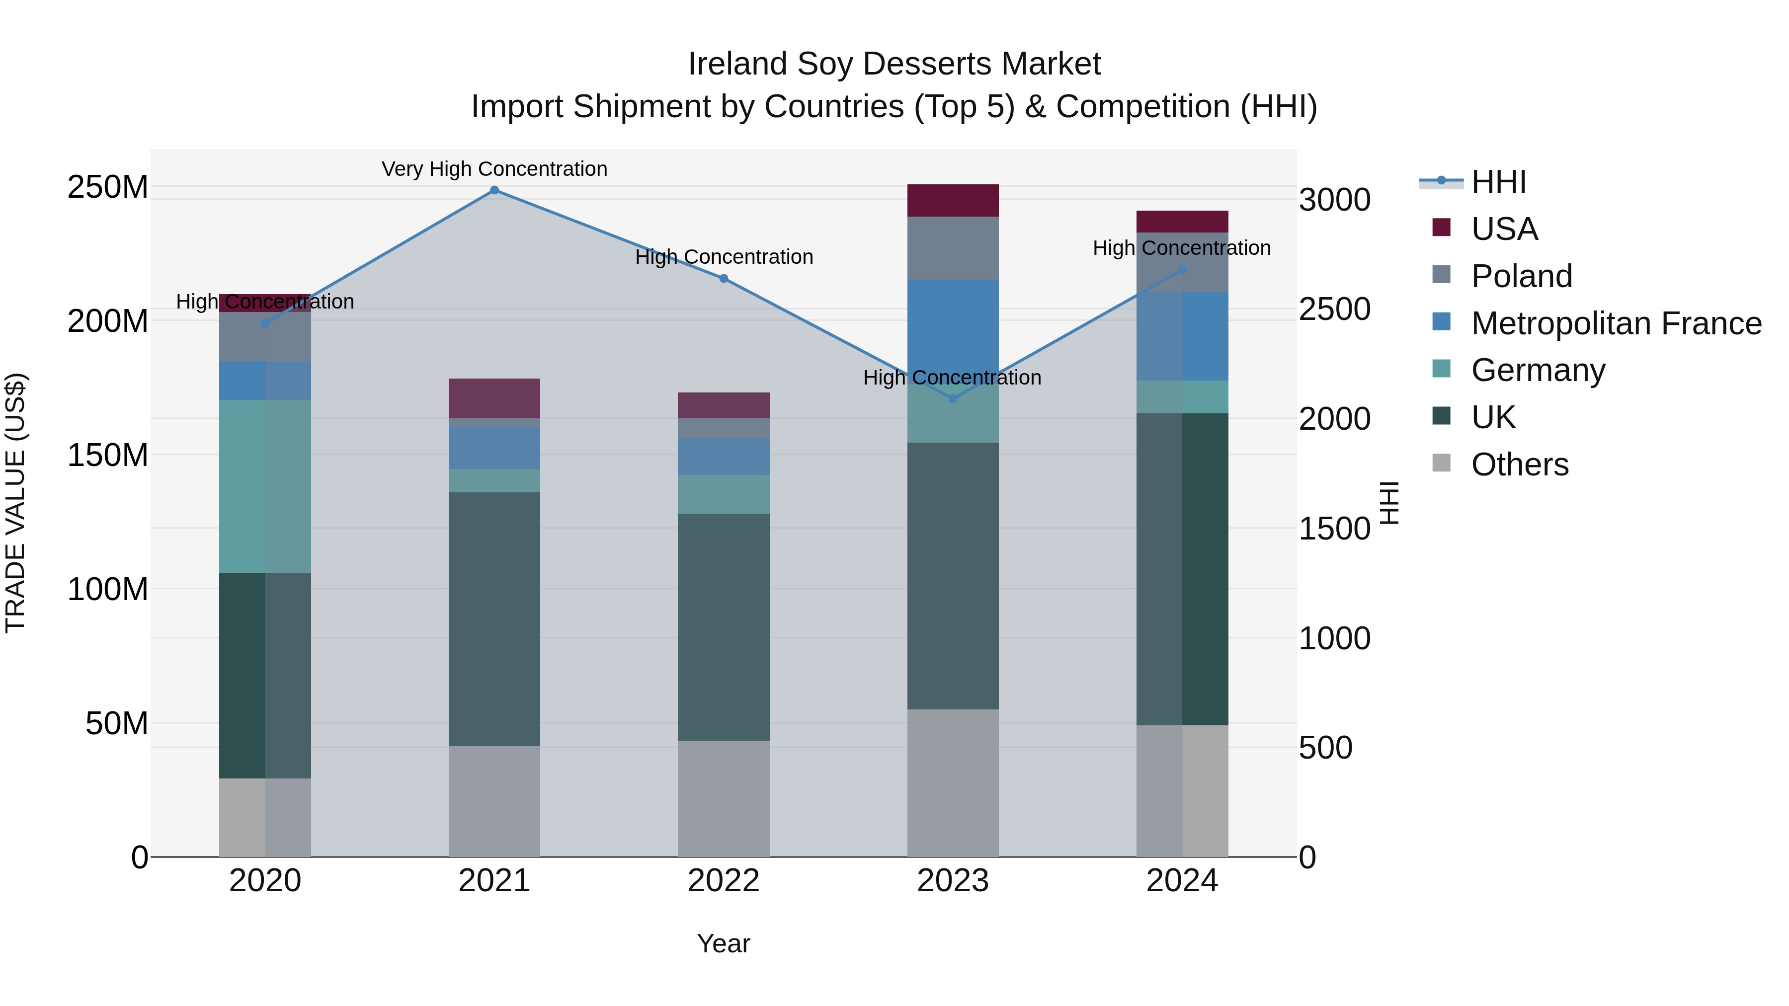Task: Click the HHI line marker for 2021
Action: pyautogui.click(x=494, y=190)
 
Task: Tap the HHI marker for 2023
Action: pyautogui.click(x=953, y=398)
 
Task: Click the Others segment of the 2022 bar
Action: pyautogui.click(x=724, y=798)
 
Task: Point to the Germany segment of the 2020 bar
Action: pyautogui.click(x=264, y=486)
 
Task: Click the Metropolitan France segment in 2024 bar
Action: pyautogui.click(x=1182, y=336)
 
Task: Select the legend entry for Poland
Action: pyautogui.click(x=1521, y=276)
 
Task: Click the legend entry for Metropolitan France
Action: pyautogui.click(x=1616, y=323)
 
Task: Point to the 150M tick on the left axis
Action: pyautogui.click(x=108, y=456)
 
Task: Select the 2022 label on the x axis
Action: pyautogui.click(x=724, y=881)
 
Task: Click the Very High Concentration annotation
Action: pyautogui.click(x=494, y=169)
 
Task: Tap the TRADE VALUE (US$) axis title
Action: pyautogui.click(x=15, y=503)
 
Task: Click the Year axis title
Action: pyautogui.click(x=724, y=943)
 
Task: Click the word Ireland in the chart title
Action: pyautogui.click(x=737, y=64)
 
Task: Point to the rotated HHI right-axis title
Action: pyautogui.click(x=1388, y=503)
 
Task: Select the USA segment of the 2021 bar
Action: pyautogui.click(x=494, y=398)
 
